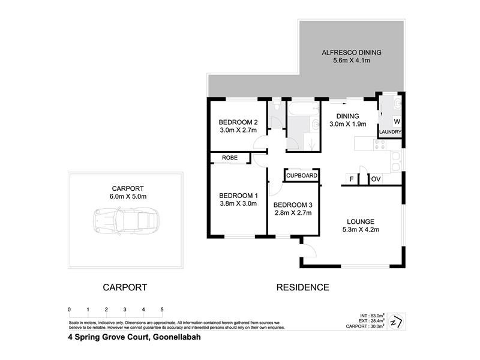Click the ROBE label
pyautogui.click(x=229, y=158)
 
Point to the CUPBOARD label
pyautogui.click(x=301, y=176)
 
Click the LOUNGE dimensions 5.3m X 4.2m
pyautogui.click(x=360, y=229)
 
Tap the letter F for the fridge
pyautogui.click(x=351, y=179)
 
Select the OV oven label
pyautogui.click(x=376, y=179)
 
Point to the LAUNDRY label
pyautogui.click(x=390, y=132)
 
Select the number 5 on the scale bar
pyautogui.click(x=162, y=310)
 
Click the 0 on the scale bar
pyautogui.click(x=70, y=310)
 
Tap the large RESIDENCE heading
pyautogui.click(x=302, y=287)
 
